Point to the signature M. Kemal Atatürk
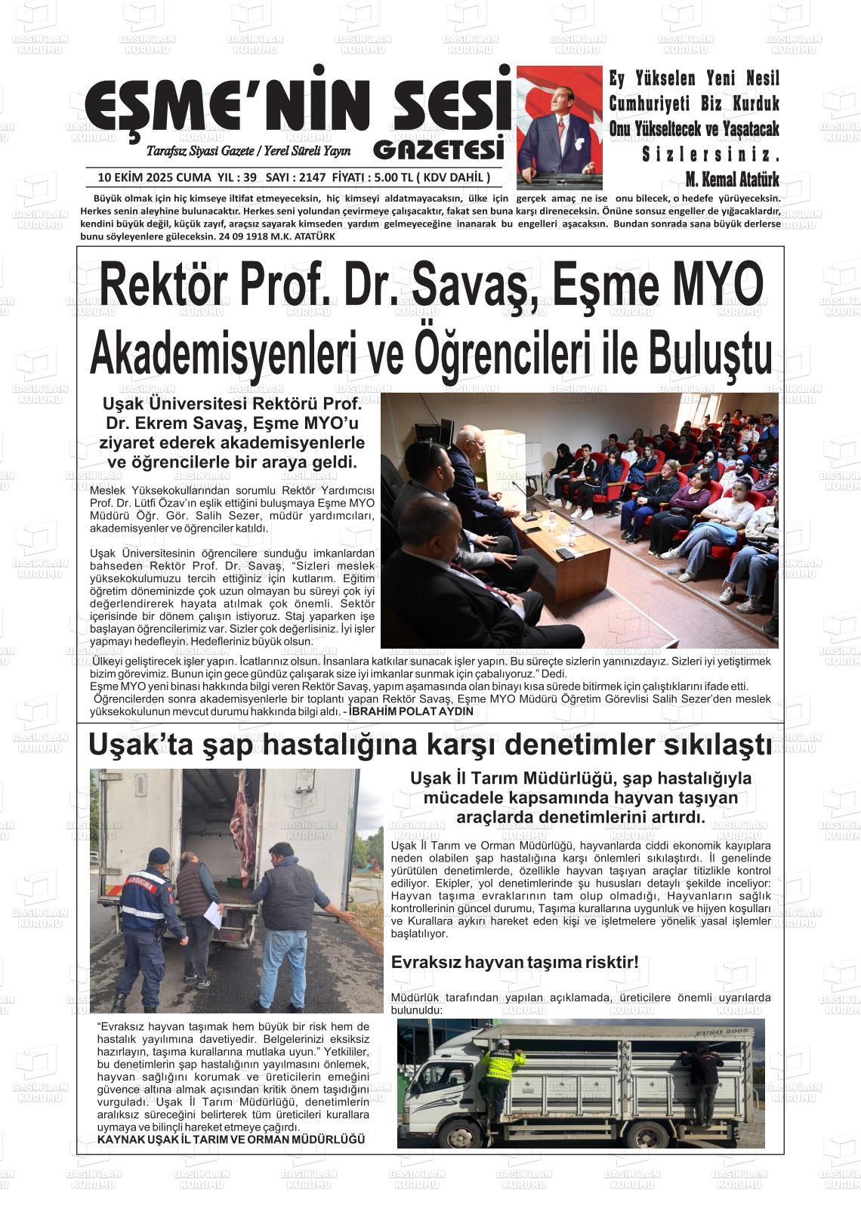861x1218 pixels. click(x=731, y=180)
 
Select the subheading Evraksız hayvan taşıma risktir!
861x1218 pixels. click(x=515, y=963)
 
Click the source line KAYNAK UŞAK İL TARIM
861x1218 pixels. click(x=231, y=1139)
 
